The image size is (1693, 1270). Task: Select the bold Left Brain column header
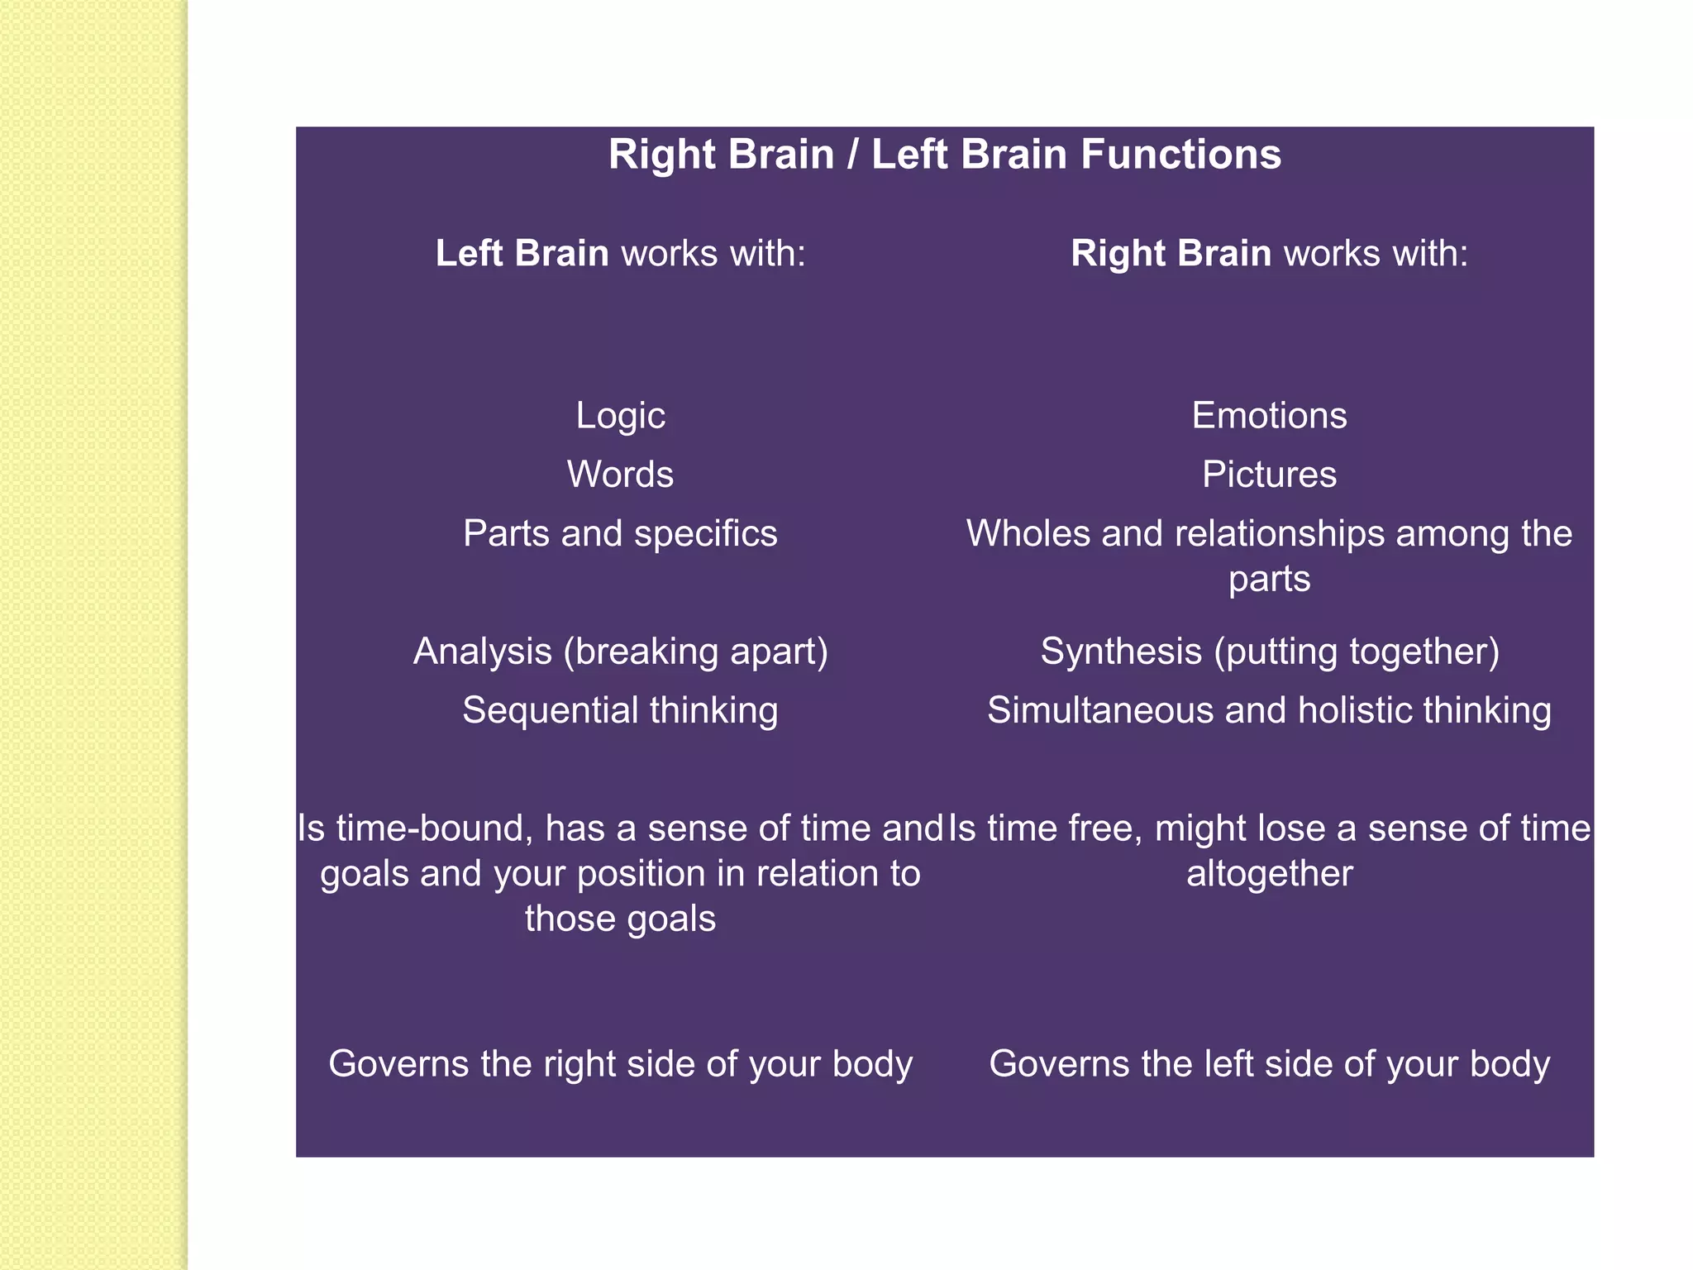tap(522, 253)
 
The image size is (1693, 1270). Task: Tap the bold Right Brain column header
tap(1171, 253)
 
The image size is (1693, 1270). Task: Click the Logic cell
tap(620, 415)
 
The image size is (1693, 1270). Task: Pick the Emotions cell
tap(1269, 415)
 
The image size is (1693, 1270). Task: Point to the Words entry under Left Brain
tap(620, 475)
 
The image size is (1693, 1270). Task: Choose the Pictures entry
tap(1269, 475)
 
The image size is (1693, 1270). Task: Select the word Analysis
tap(482, 652)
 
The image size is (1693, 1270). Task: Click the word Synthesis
tap(1121, 652)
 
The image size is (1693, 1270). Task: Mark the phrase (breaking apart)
tap(695, 652)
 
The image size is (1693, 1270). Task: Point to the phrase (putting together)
tap(1357, 652)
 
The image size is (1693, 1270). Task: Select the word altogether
tap(1270, 874)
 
